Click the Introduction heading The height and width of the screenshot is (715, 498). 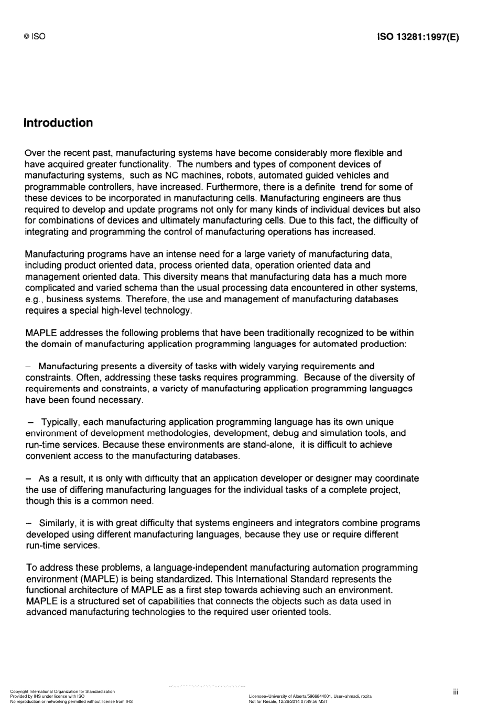click(x=58, y=123)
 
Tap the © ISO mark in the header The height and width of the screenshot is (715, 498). click(x=35, y=37)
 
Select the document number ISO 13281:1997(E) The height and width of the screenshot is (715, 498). click(x=418, y=37)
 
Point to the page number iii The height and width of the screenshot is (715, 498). click(x=456, y=692)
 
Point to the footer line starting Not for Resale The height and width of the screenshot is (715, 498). click(x=288, y=701)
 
